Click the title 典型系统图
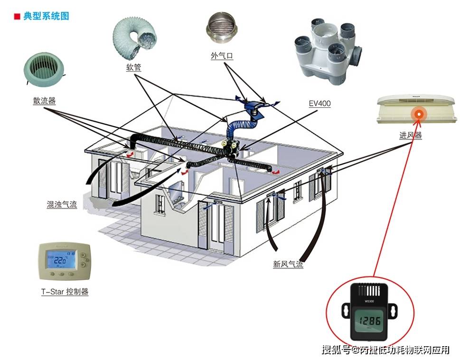click(x=46, y=16)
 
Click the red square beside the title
click(x=17, y=17)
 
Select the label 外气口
click(x=222, y=56)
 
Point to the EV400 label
click(x=319, y=104)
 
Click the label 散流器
click(x=44, y=100)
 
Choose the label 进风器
click(x=411, y=135)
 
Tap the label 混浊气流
click(x=62, y=204)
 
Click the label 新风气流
click(x=288, y=264)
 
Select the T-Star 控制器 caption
click(x=65, y=292)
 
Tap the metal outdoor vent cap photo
click(x=222, y=31)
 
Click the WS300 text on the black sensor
click(x=369, y=301)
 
